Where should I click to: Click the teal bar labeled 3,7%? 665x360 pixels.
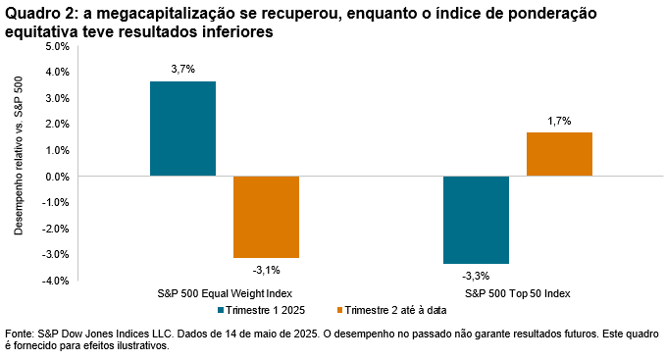point(182,129)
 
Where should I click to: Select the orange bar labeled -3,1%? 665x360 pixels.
point(266,217)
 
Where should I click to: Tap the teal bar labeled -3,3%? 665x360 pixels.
point(476,220)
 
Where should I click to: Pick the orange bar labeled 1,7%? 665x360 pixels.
point(559,154)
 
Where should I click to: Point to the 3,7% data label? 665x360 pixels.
point(182,69)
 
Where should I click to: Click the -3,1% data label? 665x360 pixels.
point(266,270)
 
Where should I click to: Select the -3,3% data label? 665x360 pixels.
point(476,276)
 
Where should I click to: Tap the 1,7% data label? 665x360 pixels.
point(559,121)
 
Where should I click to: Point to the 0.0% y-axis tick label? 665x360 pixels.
point(57,177)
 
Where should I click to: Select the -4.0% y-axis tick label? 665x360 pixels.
point(55,281)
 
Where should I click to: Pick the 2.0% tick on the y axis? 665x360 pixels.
point(57,125)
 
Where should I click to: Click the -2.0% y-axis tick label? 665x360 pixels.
point(55,229)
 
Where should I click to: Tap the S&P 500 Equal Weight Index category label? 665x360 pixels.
point(225,293)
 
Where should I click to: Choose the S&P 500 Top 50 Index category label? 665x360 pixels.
point(517,293)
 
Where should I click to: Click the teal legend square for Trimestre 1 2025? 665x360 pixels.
point(221,310)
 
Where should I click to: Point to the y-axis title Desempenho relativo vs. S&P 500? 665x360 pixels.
point(19,163)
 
